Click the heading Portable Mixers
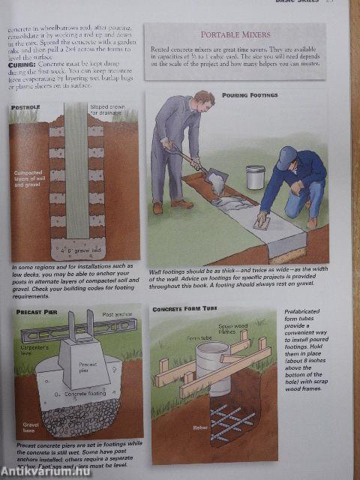[235, 34]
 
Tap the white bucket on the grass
[256, 176]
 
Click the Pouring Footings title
[249, 96]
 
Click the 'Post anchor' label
[118, 315]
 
